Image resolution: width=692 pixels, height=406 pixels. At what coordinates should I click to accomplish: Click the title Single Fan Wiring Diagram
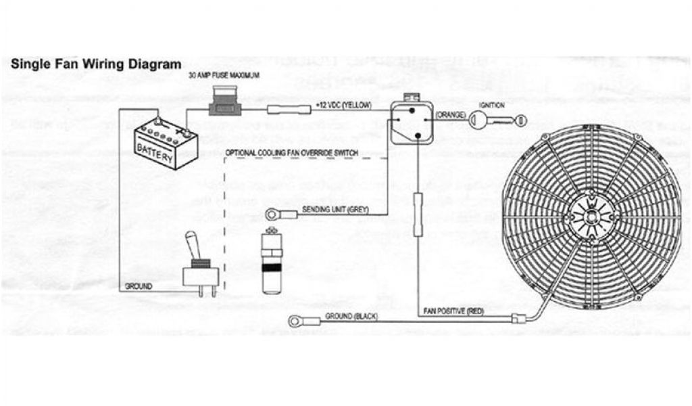[96, 65]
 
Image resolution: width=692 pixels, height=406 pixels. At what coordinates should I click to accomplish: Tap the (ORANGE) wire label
[450, 115]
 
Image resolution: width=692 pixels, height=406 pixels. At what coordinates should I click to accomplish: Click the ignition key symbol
[497, 120]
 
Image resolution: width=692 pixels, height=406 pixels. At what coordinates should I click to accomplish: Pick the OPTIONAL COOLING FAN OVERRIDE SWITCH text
[292, 153]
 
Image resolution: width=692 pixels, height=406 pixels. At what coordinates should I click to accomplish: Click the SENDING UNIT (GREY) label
[335, 210]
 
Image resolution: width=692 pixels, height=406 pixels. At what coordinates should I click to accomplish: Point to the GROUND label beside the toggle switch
[139, 287]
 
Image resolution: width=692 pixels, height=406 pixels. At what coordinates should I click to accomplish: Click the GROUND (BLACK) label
[351, 316]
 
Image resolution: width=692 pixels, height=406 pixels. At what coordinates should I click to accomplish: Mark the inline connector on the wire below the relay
[418, 214]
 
